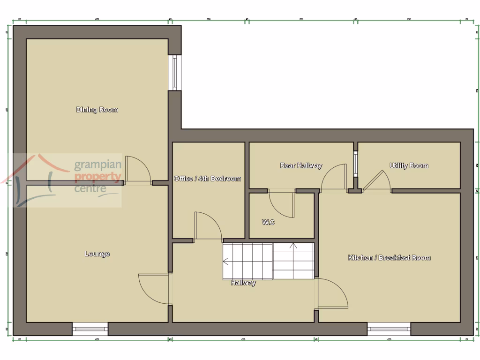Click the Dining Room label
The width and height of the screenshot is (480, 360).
97,110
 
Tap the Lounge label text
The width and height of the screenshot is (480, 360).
97,254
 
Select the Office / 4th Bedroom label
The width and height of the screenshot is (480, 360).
207,179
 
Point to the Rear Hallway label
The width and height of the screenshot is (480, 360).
301,165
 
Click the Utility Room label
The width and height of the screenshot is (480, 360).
409,165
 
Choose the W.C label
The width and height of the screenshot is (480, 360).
269,222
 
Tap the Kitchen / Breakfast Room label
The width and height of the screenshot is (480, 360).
389,257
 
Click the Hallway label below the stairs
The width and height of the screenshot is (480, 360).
243,283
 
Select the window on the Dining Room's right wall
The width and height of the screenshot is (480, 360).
175,73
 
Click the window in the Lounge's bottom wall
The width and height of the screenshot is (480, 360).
90,329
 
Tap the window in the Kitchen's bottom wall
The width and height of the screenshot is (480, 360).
389,329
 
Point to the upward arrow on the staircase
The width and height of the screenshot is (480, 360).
293,245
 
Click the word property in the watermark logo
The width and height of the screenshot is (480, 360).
98,177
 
